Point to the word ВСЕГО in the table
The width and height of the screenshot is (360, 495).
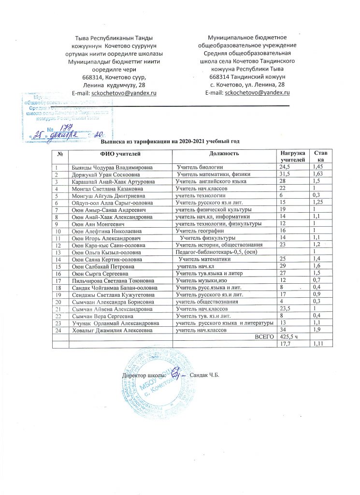(x=263, y=337)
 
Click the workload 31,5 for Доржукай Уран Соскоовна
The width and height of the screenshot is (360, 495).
(x=282, y=174)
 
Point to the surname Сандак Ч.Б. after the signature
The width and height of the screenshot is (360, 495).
(x=205, y=375)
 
